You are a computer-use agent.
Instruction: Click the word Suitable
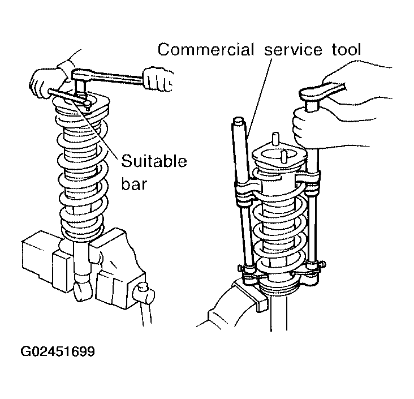pyautogui.click(x=154, y=162)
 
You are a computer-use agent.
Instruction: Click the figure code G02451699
pyautogui.click(x=58, y=352)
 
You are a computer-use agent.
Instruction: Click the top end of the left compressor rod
pyautogui.click(x=238, y=121)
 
